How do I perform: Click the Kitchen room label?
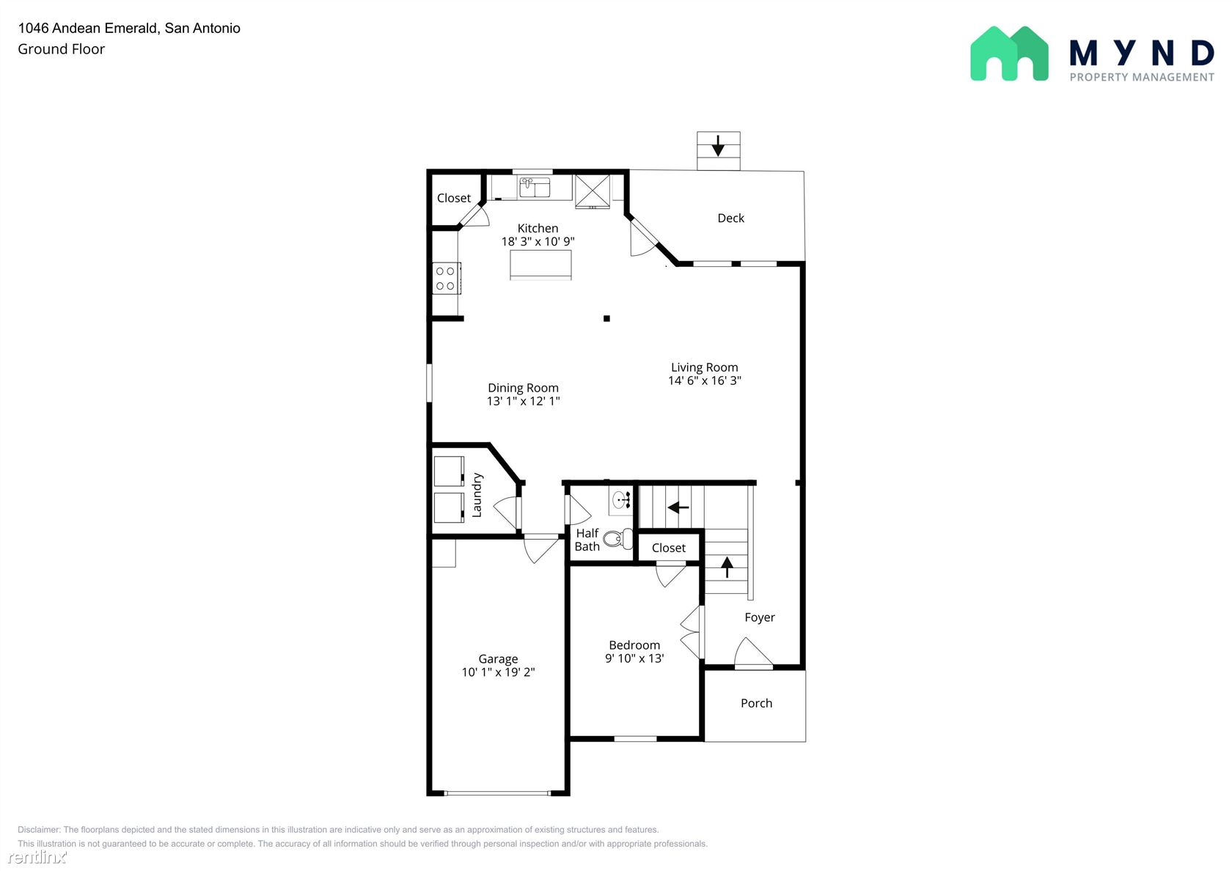point(538,228)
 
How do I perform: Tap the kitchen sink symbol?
point(535,187)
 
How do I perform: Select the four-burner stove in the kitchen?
point(446,279)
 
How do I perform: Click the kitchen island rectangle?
point(540,265)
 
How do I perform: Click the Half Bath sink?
point(621,500)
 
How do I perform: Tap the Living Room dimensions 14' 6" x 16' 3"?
point(705,381)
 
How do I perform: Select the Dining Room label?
point(523,389)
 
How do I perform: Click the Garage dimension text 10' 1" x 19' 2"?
point(498,672)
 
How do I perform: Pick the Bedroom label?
point(634,645)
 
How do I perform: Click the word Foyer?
point(760,617)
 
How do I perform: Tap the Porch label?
point(756,703)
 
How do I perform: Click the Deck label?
point(730,218)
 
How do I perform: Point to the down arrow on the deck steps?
point(718,146)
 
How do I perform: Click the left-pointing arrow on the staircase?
point(678,507)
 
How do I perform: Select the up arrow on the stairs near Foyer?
point(727,567)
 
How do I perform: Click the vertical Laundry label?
point(477,495)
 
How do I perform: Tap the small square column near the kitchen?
point(606,318)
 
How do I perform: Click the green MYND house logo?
point(1009,54)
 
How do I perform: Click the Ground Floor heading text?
point(61,49)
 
